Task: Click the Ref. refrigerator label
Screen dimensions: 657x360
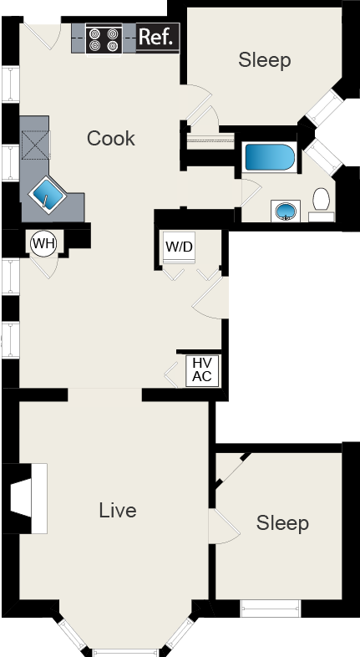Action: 156,38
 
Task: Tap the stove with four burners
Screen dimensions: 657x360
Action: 104,38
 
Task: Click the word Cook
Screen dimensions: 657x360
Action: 110,138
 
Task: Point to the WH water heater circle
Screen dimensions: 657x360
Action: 43,243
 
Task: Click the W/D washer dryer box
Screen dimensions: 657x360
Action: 178,247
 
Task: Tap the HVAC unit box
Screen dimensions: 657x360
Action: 202,370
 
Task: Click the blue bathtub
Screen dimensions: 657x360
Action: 268,158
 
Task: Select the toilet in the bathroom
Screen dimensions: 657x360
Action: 322,201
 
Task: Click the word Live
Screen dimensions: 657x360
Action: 117,510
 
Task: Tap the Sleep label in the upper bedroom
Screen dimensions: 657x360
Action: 264,60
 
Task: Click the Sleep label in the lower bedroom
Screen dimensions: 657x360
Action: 281,523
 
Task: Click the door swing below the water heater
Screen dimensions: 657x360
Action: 45,266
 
